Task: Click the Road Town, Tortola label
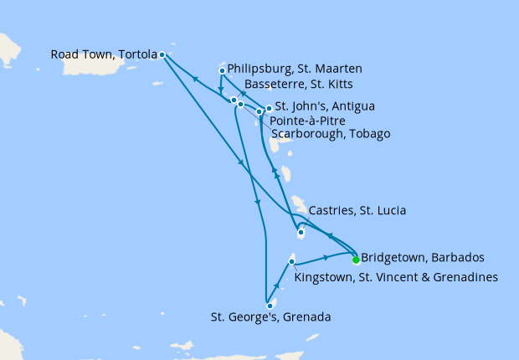click(x=104, y=54)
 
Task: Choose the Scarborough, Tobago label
click(x=331, y=134)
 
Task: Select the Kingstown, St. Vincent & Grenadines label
click(x=398, y=276)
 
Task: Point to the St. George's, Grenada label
click(x=270, y=317)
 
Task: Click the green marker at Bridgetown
click(x=356, y=258)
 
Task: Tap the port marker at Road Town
click(x=162, y=55)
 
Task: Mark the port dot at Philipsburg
click(x=222, y=70)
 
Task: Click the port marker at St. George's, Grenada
click(x=270, y=306)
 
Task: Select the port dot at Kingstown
click(x=291, y=263)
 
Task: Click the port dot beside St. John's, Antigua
click(x=269, y=108)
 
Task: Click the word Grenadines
click(x=466, y=276)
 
